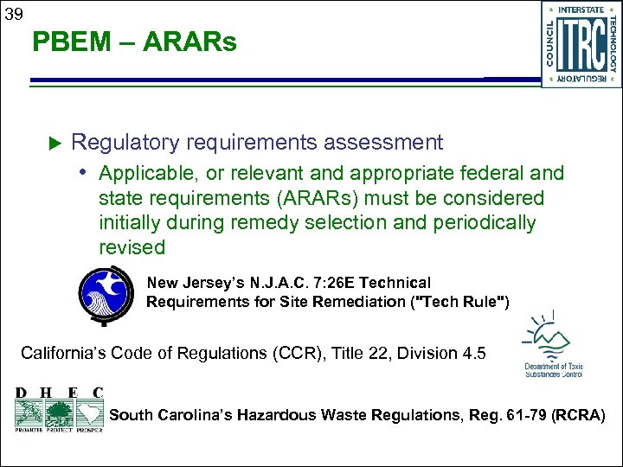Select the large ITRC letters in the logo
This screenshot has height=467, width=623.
pyautogui.click(x=582, y=44)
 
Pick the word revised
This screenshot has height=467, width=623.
pyautogui.click(x=132, y=247)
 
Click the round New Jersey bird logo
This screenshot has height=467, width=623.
pyautogui.click(x=105, y=294)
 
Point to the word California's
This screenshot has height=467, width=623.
pyautogui.click(x=74, y=353)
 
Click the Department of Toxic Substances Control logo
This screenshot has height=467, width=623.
pyautogui.click(x=552, y=346)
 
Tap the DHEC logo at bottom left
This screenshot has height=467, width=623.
pyautogui.click(x=59, y=408)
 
